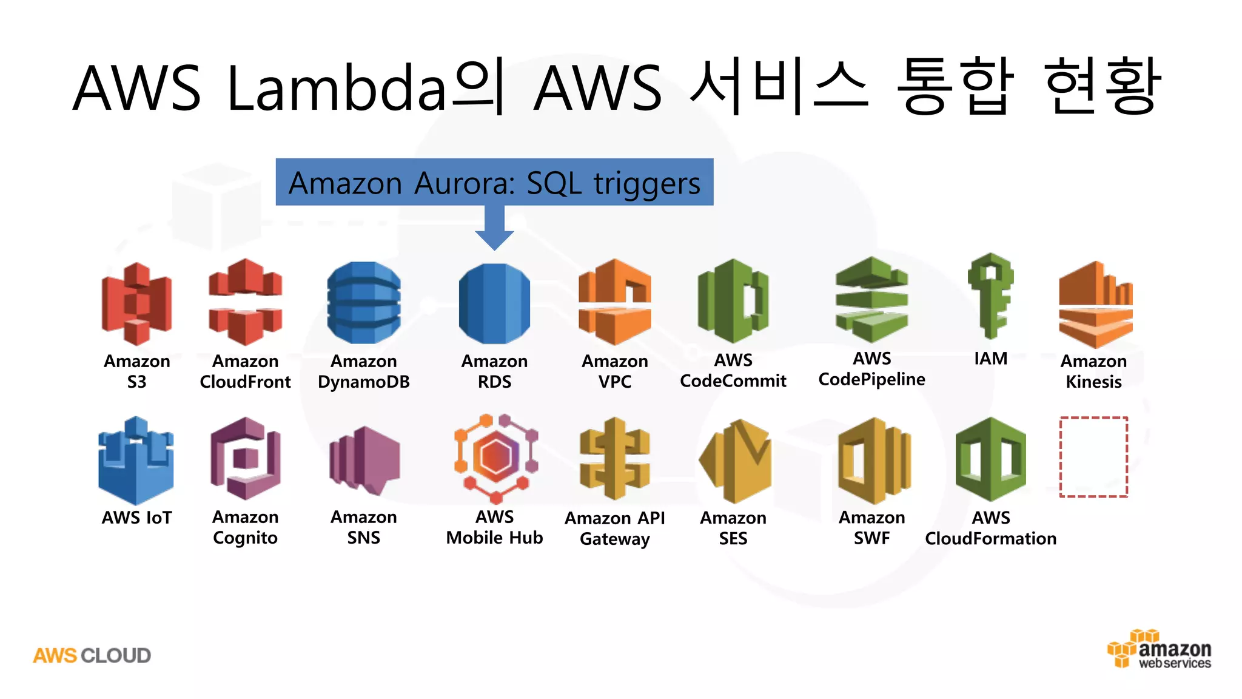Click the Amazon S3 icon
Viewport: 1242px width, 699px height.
[136, 303]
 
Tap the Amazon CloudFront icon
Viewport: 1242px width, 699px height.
[245, 302]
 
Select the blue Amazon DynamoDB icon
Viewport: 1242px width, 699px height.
[363, 302]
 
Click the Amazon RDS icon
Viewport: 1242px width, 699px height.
[494, 303]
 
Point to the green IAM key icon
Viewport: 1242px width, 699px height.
[990, 295]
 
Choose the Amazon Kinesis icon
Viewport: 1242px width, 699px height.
[1095, 304]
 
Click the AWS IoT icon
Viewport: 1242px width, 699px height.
[136, 461]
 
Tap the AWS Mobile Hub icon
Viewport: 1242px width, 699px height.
[496, 459]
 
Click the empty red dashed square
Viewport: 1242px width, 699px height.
[1093, 457]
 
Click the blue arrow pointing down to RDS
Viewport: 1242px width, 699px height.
[494, 228]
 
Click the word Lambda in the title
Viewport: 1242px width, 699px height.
[337, 88]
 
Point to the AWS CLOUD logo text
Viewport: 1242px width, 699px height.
[92, 655]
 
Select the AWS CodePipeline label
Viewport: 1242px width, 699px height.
[871, 369]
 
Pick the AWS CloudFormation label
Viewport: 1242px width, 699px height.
[990, 528]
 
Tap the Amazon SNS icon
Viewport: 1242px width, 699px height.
[364, 461]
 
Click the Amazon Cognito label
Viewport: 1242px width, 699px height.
[245, 527]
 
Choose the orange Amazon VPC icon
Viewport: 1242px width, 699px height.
[614, 302]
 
